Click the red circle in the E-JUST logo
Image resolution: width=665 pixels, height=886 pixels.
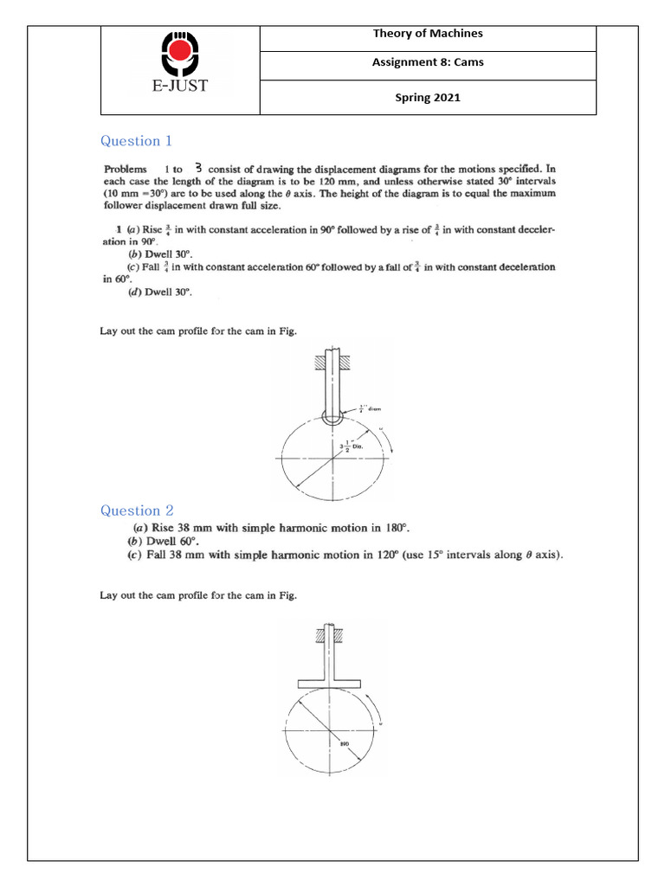tap(180, 53)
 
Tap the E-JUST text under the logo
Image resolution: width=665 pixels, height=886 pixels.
tap(180, 86)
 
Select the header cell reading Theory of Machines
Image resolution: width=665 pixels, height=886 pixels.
tap(428, 34)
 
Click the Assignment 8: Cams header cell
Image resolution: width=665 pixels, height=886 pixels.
tap(428, 62)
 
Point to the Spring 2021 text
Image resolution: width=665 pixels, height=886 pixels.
tap(428, 97)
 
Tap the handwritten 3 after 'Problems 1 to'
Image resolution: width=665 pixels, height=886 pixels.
tap(198, 168)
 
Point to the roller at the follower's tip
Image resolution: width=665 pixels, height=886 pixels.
tap(332, 416)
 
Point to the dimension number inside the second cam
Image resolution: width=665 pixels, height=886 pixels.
tap(343, 742)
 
